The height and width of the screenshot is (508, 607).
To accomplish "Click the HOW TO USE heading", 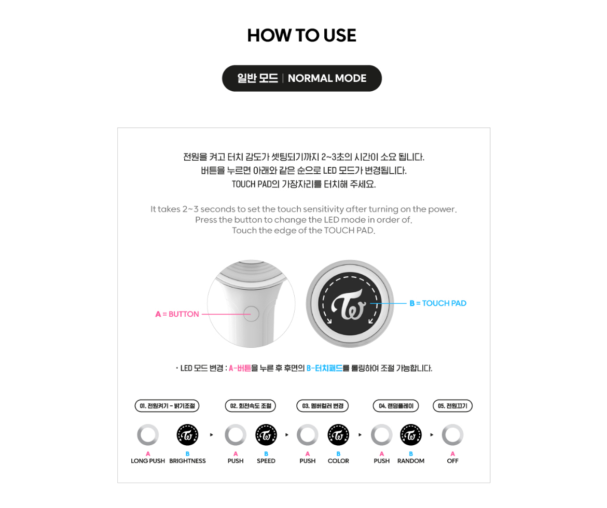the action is pyautogui.click(x=301, y=36).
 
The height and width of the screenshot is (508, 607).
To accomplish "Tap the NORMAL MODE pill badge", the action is pyautogui.click(x=302, y=78).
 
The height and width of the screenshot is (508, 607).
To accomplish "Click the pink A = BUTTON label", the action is pyautogui.click(x=177, y=314).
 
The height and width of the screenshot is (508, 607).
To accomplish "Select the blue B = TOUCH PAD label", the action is pyautogui.click(x=438, y=303).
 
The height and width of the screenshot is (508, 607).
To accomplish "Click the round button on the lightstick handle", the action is pyautogui.click(x=251, y=314).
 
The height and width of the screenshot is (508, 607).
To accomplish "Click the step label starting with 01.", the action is pyautogui.click(x=167, y=406).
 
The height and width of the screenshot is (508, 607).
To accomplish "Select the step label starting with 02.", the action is pyautogui.click(x=251, y=406).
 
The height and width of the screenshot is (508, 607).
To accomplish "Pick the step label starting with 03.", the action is pyautogui.click(x=323, y=406).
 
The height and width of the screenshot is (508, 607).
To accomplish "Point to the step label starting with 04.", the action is pyautogui.click(x=396, y=406).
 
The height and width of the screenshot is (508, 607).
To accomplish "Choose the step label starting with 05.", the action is pyautogui.click(x=452, y=406).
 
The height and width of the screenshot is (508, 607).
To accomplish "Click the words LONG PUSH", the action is pyautogui.click(x=148, y=461).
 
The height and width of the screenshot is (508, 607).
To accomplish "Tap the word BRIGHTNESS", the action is pyautogui.click(x=187, y=461).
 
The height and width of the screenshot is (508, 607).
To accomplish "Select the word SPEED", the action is pyautogui.click(x=266, y=461).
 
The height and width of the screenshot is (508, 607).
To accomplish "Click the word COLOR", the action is pyautogui.click(x=338, y=461).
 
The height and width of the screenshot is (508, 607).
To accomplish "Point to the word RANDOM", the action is pyautogui.click(x=411, y=461).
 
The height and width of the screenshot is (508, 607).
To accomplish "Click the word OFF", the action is pyautogui.click(x=452, y=461).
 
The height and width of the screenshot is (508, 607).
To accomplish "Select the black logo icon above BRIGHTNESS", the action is pyautogui.click(x=187, y=435).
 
